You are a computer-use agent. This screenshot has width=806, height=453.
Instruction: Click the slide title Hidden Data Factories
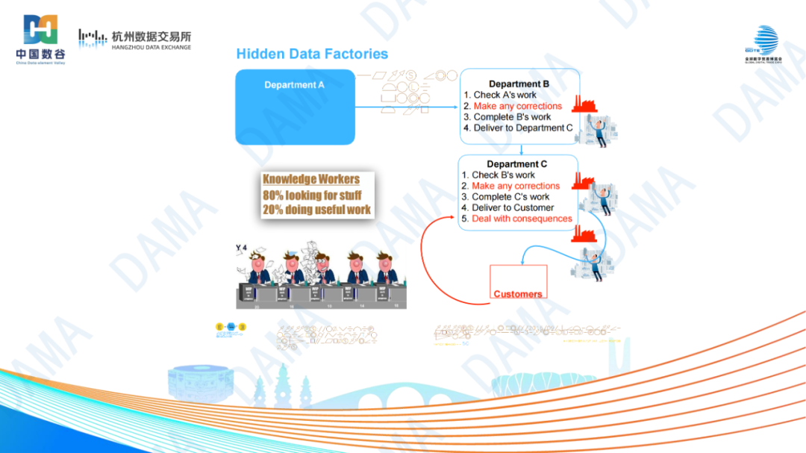(312, 54)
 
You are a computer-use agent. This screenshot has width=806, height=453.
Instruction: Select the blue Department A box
(295, 107)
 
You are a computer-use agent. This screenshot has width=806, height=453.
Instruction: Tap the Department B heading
(519, 84)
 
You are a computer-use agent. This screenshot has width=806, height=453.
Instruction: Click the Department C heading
(516, 164)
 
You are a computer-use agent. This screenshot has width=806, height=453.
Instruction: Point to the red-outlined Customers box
(518, 282)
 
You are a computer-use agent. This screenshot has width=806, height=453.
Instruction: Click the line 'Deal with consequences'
(522, 219)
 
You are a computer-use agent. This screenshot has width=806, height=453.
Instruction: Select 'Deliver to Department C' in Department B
(523, 128)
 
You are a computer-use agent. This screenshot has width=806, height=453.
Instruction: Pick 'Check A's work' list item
(504, 95)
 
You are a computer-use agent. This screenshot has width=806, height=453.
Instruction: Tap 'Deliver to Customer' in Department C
(513, 207)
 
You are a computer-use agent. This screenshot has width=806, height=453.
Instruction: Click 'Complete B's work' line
(512, 116)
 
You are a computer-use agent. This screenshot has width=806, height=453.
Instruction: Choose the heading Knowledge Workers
(311, 179)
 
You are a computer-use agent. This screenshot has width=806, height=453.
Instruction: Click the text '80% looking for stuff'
(312, 195)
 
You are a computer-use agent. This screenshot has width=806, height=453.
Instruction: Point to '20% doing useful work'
(316, 210)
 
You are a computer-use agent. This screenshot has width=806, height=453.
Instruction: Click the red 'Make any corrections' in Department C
(516, 186)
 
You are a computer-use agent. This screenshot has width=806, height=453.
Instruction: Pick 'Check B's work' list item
(503, 175)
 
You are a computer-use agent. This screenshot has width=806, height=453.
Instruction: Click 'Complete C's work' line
(510, 196)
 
